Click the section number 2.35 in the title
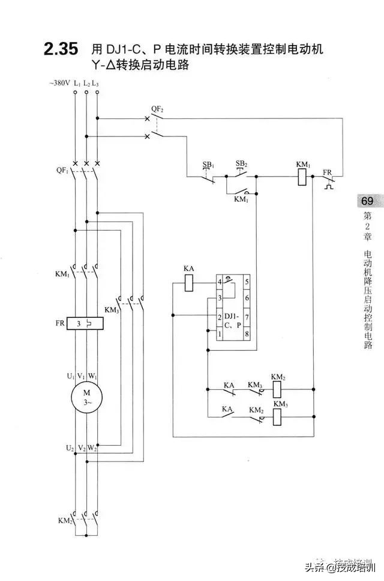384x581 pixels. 61,49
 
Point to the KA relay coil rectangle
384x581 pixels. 189,282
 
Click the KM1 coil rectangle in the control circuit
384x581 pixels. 303,177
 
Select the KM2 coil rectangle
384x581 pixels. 278,388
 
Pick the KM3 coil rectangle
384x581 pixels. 278,416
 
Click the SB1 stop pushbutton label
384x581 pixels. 208,164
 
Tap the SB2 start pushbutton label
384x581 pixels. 241,163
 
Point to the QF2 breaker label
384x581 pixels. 157,109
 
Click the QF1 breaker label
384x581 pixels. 61,171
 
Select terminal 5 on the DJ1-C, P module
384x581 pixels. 247,281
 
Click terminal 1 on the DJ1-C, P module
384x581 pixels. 220,333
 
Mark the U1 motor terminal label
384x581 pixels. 70,376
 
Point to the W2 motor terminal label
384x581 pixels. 92,448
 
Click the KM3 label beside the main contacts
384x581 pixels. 112,309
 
